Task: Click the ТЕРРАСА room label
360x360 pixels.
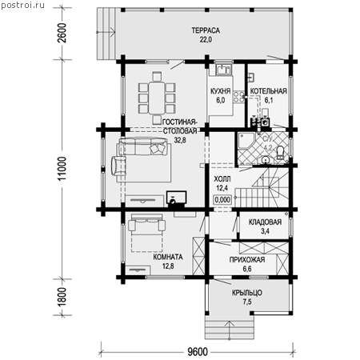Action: (206, 30)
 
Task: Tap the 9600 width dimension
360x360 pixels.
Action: (198, 352)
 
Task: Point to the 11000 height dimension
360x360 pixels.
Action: (62, 169)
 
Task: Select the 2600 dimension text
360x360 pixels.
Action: (62, 33)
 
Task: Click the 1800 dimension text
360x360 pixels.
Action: (62, 297)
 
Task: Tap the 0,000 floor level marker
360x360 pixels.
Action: (222, 200)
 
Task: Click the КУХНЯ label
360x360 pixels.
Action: (220, 91)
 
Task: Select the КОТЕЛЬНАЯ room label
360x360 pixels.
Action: (268, 91)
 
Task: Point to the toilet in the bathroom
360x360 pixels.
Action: (280, 153)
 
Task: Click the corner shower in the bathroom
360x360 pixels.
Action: (246, 140)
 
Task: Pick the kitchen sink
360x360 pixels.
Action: (223, 70)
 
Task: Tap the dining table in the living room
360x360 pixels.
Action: (157, 98)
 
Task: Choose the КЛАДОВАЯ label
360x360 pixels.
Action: (265, 222)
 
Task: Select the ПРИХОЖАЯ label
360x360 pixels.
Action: (247, 260)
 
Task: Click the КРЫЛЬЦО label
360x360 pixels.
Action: (247, 293)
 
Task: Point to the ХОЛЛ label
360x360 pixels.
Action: (222, 179)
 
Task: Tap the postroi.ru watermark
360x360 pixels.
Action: (23, 6)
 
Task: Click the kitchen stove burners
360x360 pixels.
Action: (239, 97)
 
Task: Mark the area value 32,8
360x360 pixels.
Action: (180, 140)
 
